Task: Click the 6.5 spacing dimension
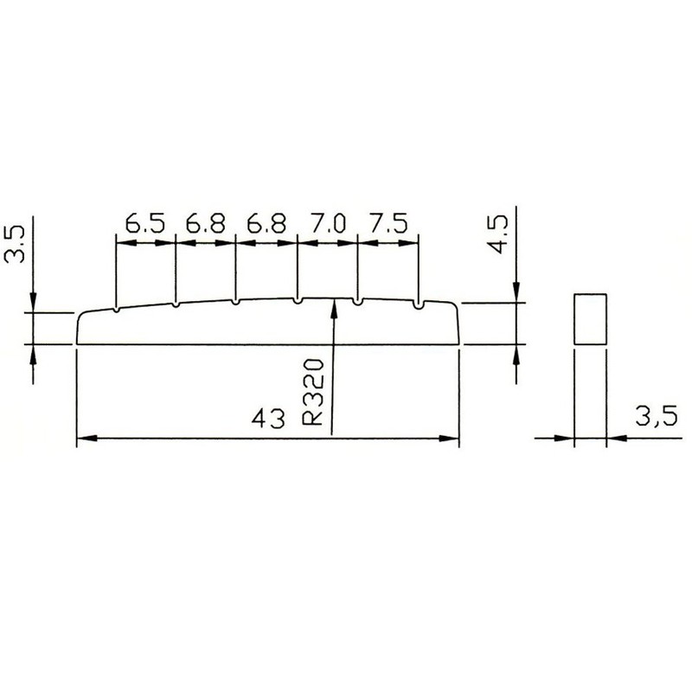144,224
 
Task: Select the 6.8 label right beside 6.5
205,224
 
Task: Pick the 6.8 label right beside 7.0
266,224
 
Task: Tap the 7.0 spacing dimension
326,224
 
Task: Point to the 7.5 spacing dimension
388,224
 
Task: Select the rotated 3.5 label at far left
15,245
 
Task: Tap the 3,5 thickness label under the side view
653,418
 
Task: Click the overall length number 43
268,421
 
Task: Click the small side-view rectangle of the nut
589,319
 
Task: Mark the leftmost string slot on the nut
115,309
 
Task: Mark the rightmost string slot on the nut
419,304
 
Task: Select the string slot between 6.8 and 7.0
297,301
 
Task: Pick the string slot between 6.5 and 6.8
176,304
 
